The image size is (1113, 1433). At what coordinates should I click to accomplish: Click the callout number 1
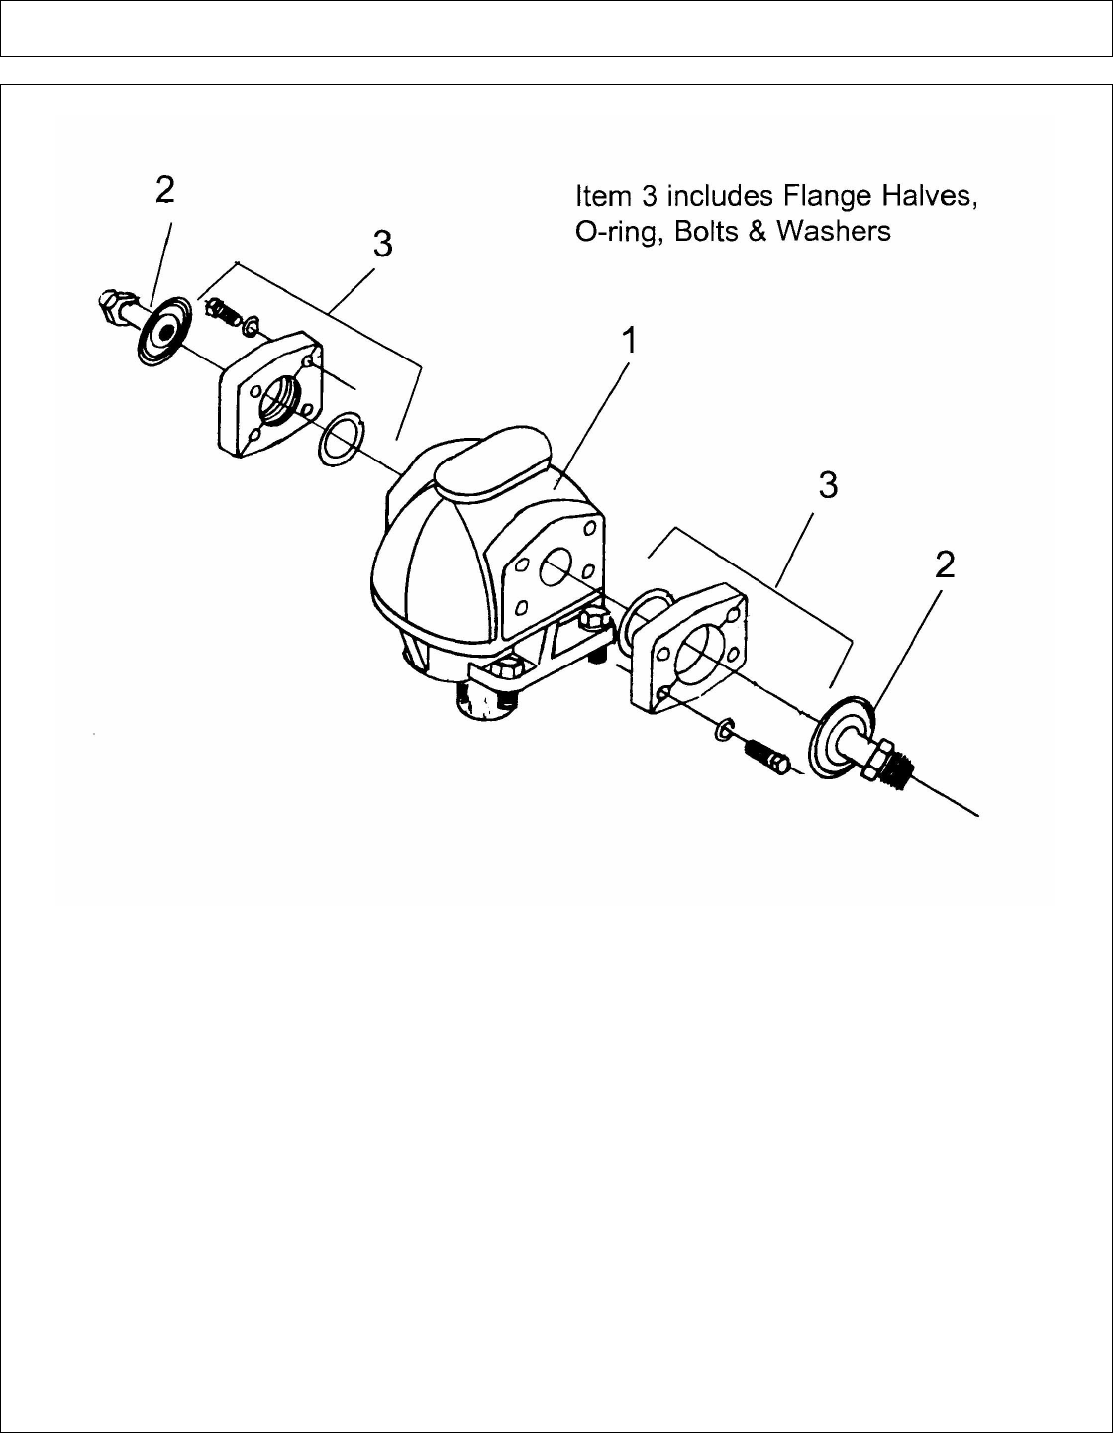(628, 342)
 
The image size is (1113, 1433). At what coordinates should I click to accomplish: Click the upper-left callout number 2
(165, 190)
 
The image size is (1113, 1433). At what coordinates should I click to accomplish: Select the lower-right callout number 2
(945, 564)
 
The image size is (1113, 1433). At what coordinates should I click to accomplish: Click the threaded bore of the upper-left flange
(277, 401)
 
